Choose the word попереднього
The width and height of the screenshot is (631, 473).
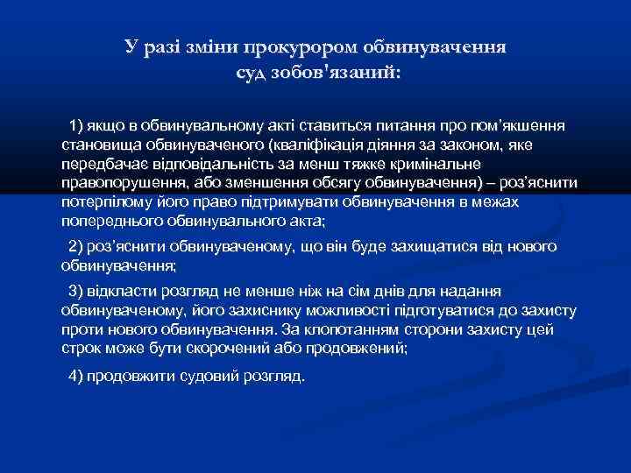click(112, 220)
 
